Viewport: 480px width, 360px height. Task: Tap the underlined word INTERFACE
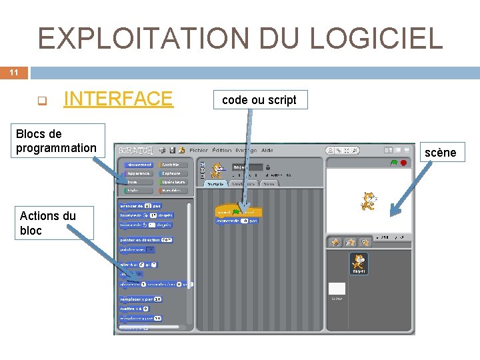tap(118, 99)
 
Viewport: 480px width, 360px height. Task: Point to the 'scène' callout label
tap(440, 153)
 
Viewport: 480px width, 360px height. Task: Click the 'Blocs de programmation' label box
tap(57, 141)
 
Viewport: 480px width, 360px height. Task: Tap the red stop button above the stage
tap(404, 162)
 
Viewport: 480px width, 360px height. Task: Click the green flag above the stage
tap(395, 162)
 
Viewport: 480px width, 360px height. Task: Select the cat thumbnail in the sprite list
tap(359, 263)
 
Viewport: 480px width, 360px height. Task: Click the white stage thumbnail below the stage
tap(337, 288)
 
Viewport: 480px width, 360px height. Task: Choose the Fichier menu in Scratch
tap(199, 151)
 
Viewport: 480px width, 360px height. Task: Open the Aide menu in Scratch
tap(267, 151)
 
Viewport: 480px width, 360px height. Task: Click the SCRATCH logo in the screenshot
tap(136, 151)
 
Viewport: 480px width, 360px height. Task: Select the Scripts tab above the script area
tap(215, 183)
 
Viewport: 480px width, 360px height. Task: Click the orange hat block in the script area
tap(238, 212)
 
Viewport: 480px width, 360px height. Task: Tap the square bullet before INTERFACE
tap(41, 101)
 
